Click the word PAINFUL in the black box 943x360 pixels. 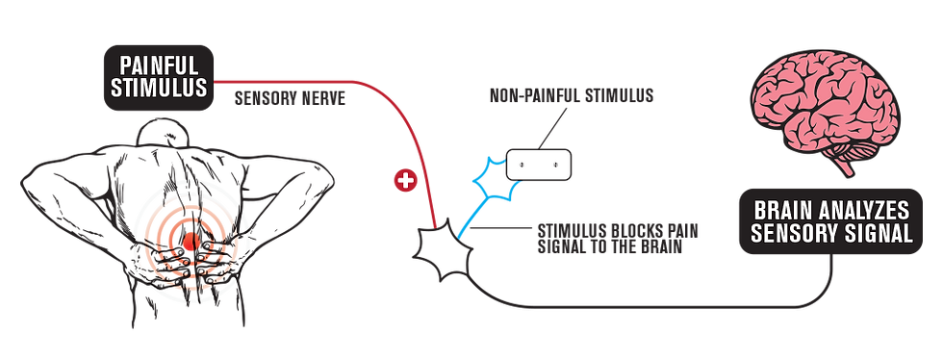(x=159, y=65)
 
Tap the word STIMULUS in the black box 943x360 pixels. (x=159, y=88)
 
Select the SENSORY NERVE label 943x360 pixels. (x=290, y=99)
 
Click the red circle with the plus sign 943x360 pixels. (x=405, y=181)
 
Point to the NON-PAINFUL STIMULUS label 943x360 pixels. (x=572, y=95)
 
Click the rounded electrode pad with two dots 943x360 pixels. (x=538, y=165)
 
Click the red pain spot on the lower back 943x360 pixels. (x=191, y=242)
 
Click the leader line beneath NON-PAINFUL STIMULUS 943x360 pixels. (x=551, y=127)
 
